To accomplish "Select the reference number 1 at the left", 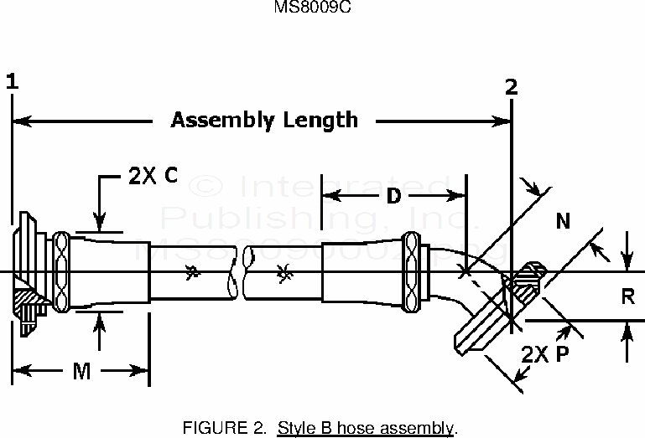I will [12, 81].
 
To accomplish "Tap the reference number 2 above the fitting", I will [512, 86].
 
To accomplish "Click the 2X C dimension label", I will [152, 177].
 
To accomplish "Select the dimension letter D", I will [393, 198].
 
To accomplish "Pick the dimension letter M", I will [81, 371].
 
